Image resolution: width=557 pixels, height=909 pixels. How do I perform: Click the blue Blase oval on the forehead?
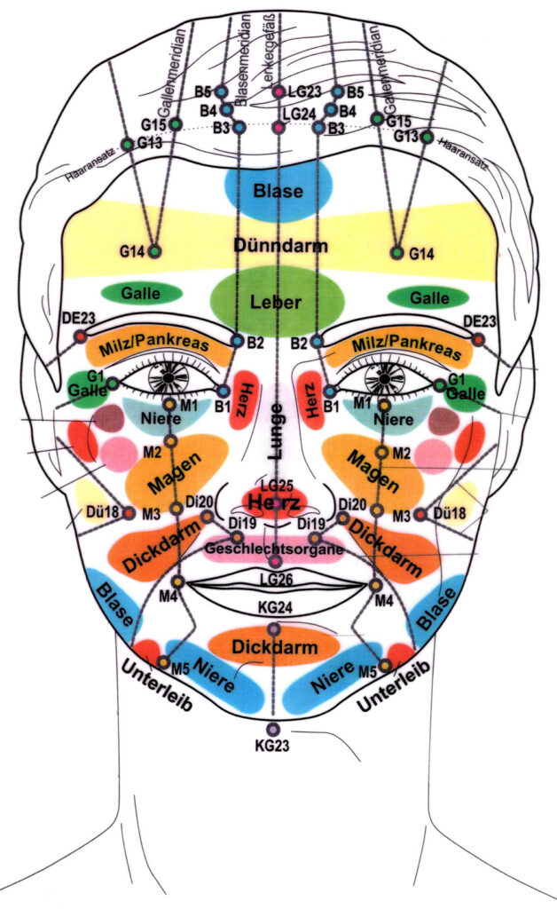(278, 190)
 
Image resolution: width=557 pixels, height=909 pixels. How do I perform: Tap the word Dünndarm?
(278, 244)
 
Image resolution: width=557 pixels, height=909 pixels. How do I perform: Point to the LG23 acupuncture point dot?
(278, 91)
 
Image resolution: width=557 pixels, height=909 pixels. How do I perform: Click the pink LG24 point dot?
(278, 128)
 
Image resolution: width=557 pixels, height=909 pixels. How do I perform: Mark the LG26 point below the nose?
(276, 562)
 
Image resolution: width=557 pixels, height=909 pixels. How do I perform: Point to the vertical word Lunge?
(276, 431)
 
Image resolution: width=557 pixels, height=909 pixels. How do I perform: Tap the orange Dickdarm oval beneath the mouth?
(274, 647)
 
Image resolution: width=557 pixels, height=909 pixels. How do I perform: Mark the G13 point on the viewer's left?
(128, 144)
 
